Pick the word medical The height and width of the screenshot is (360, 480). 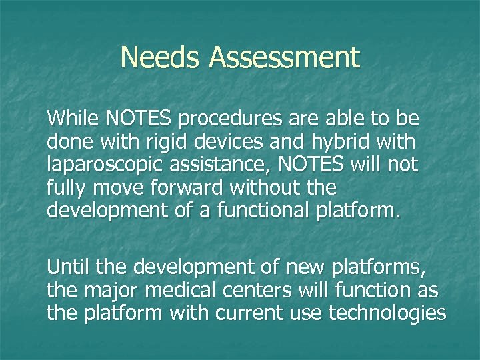tap(176, 290)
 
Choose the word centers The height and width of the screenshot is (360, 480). tap(257, 290)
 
